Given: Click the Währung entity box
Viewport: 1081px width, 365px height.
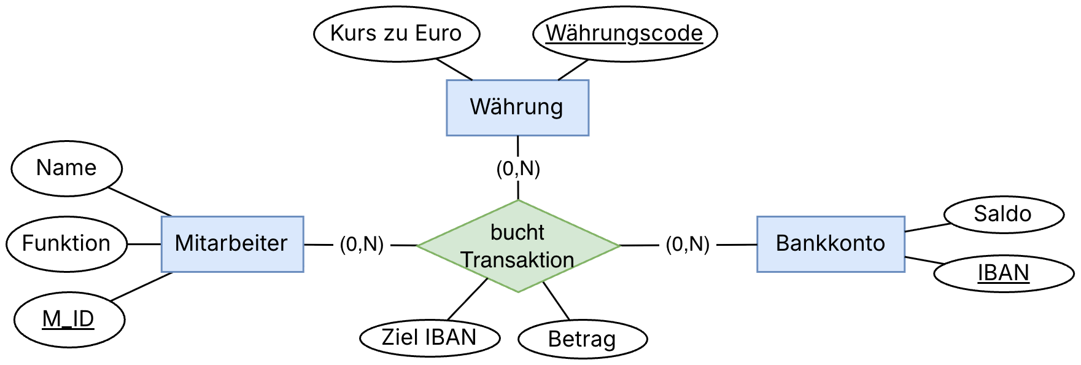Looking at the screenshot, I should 517,107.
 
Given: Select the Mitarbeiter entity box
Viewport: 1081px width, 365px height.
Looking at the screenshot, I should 231,243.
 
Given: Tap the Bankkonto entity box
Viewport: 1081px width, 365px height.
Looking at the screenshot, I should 830,243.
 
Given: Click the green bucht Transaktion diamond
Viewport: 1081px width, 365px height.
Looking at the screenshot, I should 518,246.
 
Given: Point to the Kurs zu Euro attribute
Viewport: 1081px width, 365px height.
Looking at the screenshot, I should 396,33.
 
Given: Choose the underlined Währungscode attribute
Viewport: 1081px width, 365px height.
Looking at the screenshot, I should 624,33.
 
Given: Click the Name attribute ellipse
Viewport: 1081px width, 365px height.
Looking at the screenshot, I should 66,168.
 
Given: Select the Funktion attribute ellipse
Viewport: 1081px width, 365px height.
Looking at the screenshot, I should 66,243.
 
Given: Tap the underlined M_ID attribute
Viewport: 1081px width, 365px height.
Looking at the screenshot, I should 68,320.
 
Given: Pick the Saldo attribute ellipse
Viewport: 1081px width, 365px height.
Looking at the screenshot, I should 1002,214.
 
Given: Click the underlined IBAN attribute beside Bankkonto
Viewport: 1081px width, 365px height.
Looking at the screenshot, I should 1003,273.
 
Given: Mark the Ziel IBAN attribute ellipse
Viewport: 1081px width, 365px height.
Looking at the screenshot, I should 429,337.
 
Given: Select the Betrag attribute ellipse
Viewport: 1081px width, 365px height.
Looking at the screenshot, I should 582,339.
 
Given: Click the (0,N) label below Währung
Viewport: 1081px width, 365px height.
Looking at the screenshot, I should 518,169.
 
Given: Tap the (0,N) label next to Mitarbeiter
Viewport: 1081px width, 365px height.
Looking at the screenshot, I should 362,245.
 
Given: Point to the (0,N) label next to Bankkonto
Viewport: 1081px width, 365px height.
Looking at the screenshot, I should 688,245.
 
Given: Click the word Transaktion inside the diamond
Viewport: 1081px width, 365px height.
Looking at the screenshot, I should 517,260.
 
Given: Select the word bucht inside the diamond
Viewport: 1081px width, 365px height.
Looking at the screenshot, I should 517,233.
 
